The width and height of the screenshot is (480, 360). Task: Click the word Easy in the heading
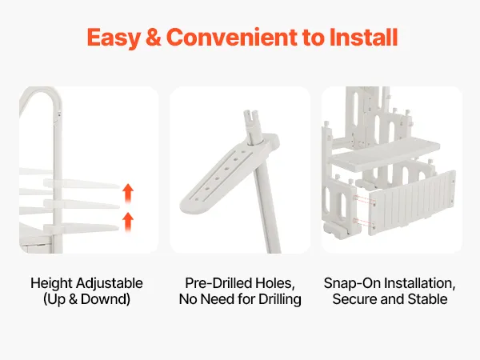[114, 38]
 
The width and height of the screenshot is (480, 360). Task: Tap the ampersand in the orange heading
[154, 38]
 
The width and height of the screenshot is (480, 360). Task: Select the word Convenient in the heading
[232, 38]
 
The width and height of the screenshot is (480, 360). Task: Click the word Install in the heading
[364, 38]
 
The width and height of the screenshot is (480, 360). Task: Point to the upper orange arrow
[128, 193]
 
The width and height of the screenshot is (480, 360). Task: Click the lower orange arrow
[128, 222]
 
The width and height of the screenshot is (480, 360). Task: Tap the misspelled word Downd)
[106, 299]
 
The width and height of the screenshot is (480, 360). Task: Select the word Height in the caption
[52, 283]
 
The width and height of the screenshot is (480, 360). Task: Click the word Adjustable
[110, 283]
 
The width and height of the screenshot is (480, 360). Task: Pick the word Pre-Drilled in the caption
[218, 283]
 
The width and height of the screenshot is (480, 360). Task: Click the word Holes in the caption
[275, 284]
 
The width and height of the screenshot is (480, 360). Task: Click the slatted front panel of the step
[412, 203]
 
